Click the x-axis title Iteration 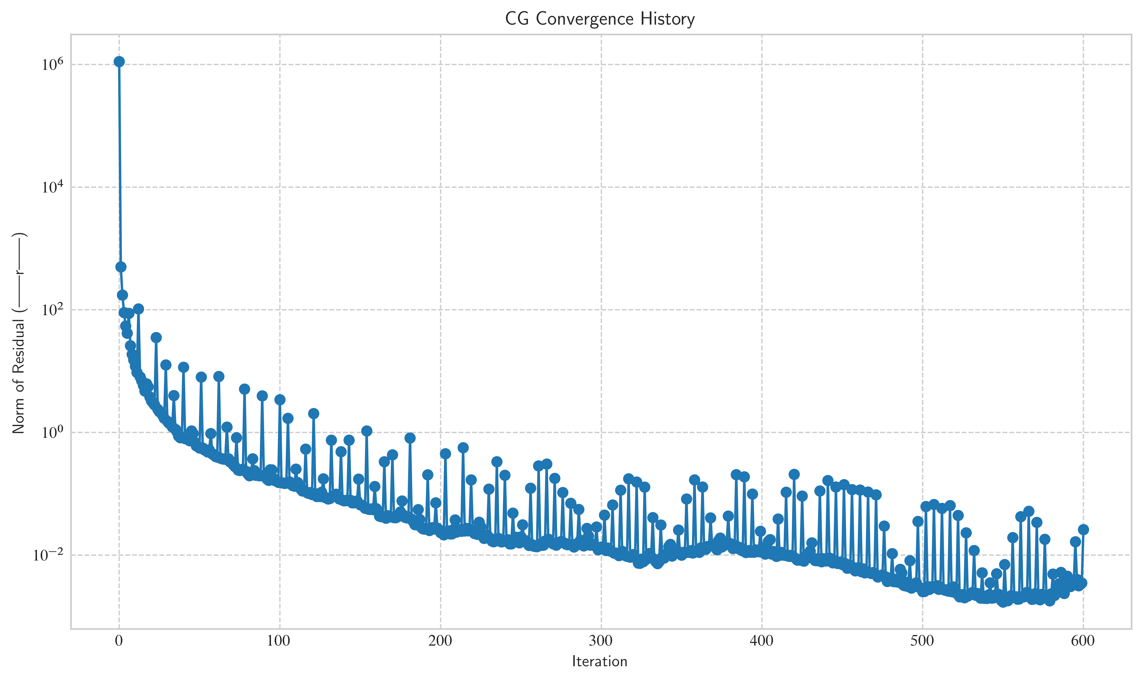(600, 661)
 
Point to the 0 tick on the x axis (119, 641)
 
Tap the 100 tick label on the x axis (280, 641)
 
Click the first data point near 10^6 (119, 62)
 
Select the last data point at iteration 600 (1083, 530)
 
